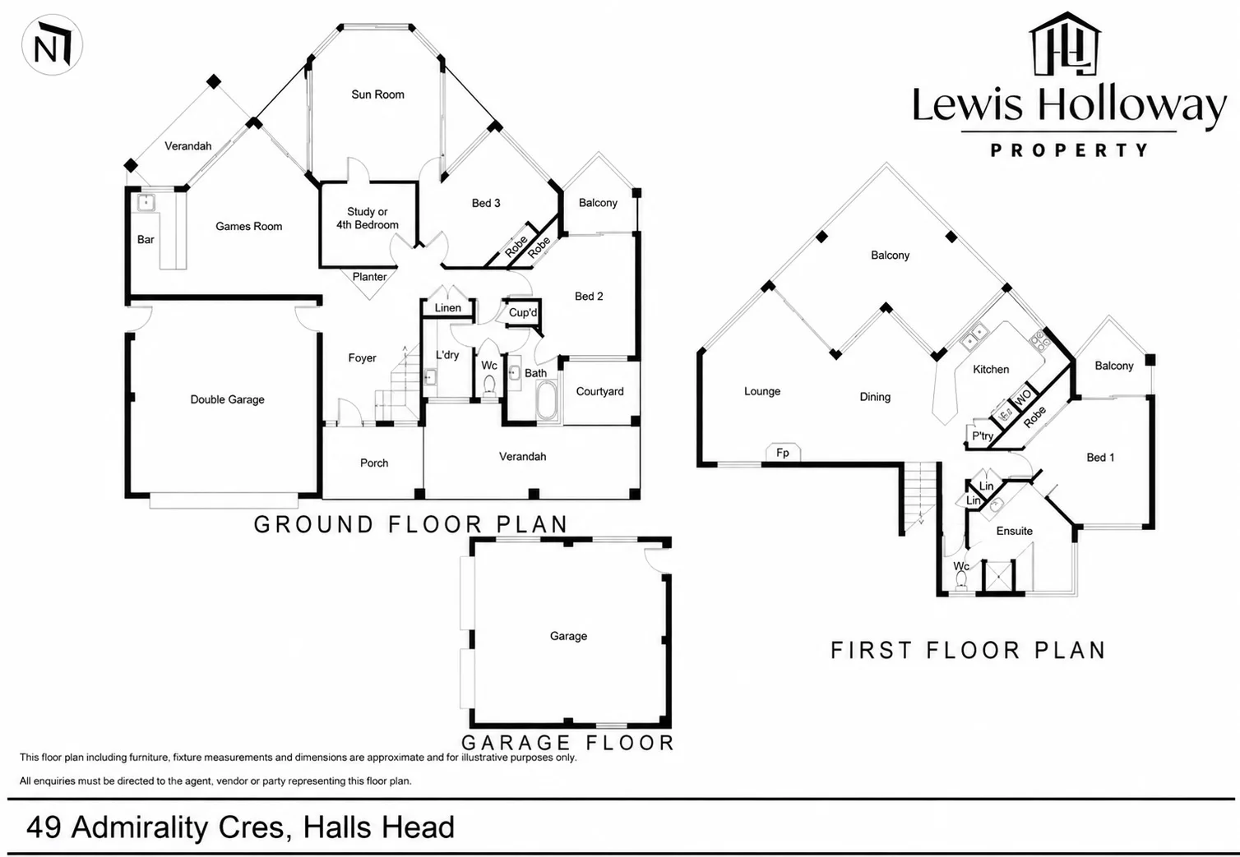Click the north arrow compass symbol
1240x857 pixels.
[x=52, y=45]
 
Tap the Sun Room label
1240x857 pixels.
[x=377, y=94]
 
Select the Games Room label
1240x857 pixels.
[x=248, y=226]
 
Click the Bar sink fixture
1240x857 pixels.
[x=146, y=202]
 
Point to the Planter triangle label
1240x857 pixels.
[x=369, y=277]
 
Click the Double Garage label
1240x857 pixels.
[x=227, y=399]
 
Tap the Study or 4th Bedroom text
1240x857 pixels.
[x=368, y=218]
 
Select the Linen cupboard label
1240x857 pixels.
[x=447, y=307]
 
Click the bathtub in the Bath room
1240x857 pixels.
[x=547, y=400]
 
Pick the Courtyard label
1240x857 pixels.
[x=599, y=392]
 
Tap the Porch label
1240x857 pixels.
[x=374, y=463]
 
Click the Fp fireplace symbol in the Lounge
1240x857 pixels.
[x=783, y=452]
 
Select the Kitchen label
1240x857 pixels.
[x=991, y=369]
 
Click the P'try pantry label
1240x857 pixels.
[x=983, y=436]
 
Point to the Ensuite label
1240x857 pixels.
[x=1014, y=531]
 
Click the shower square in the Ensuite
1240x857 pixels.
[x=998, y=577]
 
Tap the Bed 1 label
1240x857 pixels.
[x=1100, y=458]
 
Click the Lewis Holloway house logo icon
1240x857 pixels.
[x=1065, y=44]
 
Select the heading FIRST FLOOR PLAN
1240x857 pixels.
[x=968, y=650]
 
